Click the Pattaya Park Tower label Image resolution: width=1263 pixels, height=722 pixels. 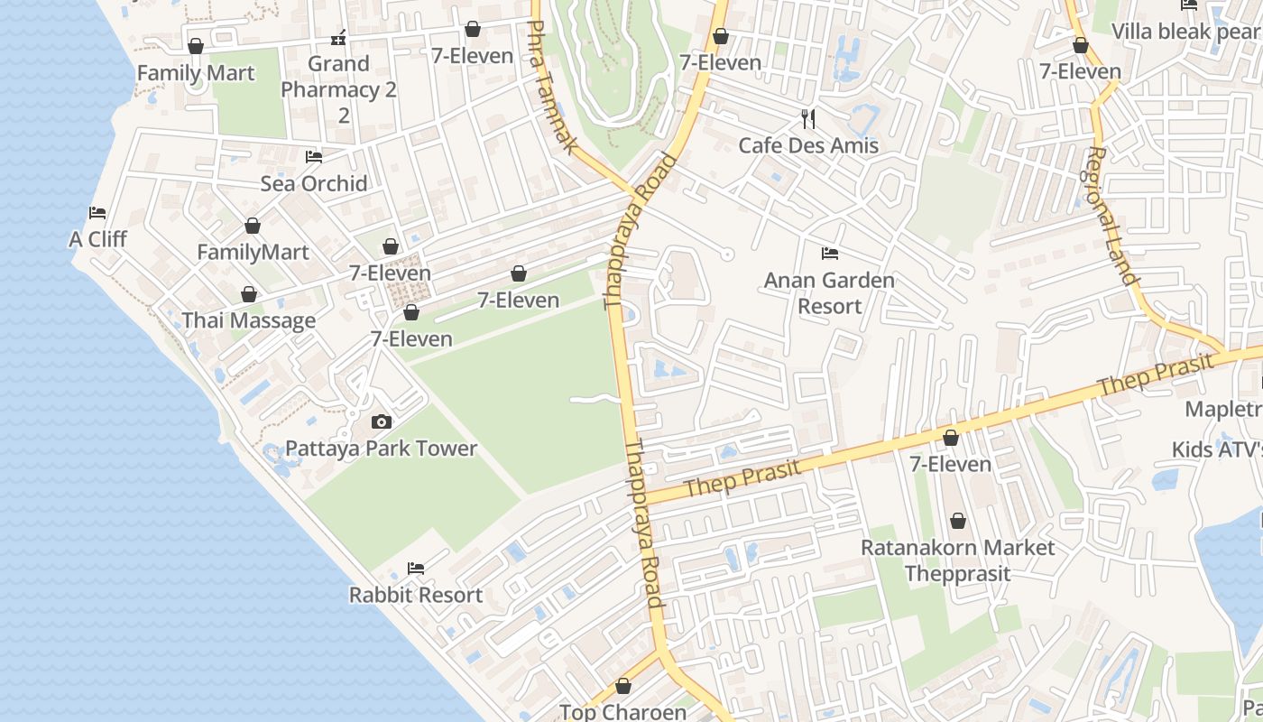(x=381, y=449)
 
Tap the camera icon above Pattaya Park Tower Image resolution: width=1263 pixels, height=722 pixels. (x=382, y=421)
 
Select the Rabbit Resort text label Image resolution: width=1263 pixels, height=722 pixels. (x=416, y=595)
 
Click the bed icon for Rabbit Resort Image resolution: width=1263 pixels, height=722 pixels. (x=416, y=569)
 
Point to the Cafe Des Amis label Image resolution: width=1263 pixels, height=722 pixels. (x=808, y=145)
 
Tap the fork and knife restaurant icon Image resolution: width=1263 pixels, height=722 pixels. (x=808, y=118)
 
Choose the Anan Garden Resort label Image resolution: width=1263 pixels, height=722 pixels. (x=829, y=292)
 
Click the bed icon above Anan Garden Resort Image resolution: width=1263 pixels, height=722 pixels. (x=830, y=254)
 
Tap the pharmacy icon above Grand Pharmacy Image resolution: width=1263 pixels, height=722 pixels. (x=338, y=38)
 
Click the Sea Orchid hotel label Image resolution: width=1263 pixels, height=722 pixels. (x=314, y=183)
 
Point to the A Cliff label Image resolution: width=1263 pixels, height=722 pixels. (x=97, y=239)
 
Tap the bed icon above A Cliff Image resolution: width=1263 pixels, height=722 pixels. (x=97, y=213)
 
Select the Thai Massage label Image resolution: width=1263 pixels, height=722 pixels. (x=249, y=320)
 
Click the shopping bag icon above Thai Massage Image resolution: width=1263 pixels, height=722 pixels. (x=249, y=295)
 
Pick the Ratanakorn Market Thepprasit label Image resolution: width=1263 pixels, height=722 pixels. (x=957, y=560)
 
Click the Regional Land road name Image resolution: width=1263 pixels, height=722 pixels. (x=1110, y=217)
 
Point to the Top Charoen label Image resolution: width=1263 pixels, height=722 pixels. (x=622, y=711)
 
